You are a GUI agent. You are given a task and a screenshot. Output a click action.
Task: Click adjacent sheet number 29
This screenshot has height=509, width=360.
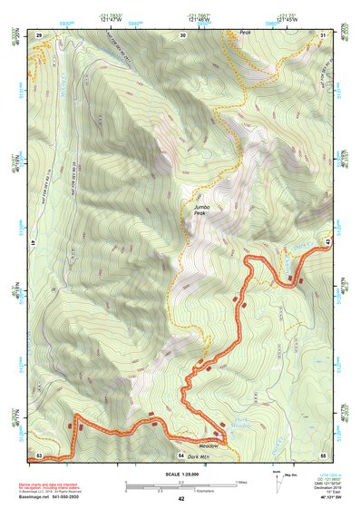pos(39,34)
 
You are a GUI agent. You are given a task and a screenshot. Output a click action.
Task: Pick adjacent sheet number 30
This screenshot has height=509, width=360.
pos(183,34)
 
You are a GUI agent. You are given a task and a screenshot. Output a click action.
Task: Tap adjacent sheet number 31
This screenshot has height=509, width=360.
pos(323,34)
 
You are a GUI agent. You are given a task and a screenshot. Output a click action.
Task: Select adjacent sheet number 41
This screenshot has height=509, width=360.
pos(33,244)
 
